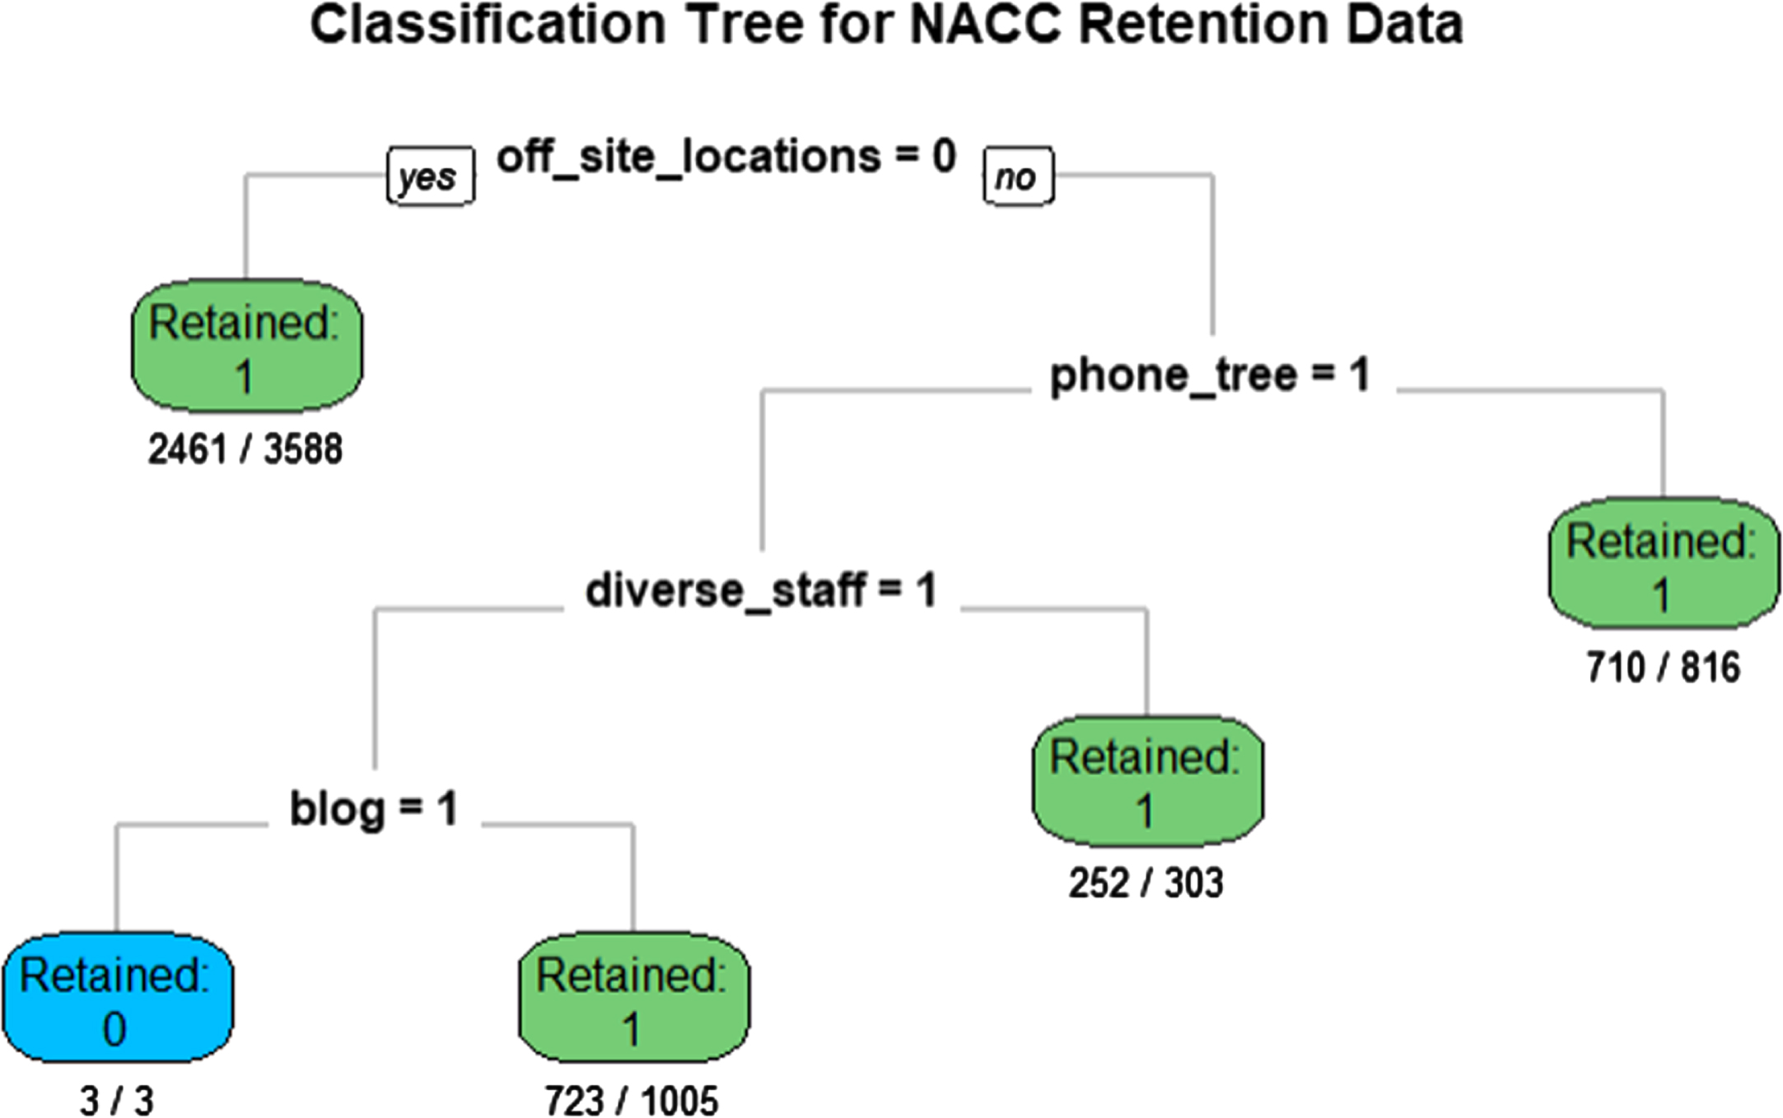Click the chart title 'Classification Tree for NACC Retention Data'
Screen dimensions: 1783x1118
click(886, 25)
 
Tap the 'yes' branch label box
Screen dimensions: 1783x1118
click(431, 175)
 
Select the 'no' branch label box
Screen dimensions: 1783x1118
click(1019, 175)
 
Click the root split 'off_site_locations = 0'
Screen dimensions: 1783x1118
click(726, 156)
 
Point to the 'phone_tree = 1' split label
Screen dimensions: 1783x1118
click(1210, 375)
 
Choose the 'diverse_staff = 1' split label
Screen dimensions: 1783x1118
click(761, 590)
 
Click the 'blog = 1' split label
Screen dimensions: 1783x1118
click(373, 808)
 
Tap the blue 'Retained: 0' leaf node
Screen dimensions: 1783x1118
click(117, 998)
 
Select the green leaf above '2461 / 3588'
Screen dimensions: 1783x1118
click(246, 346)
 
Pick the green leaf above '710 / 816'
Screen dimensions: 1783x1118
click(1664, 564)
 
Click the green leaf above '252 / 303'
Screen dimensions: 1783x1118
click(1147, 780)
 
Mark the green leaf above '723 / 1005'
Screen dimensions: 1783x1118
click(633, 998)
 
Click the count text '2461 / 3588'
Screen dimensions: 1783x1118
click(245, 450)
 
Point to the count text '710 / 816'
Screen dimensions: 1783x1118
click(1664, 668)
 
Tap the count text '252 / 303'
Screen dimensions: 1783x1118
click(1146, 883)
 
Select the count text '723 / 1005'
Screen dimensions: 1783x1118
click(632, 1101)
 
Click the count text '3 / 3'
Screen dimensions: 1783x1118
click(117, 1101)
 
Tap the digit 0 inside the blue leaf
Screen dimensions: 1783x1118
click(114, 1029)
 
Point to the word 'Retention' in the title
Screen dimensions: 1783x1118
click(1203, 25)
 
